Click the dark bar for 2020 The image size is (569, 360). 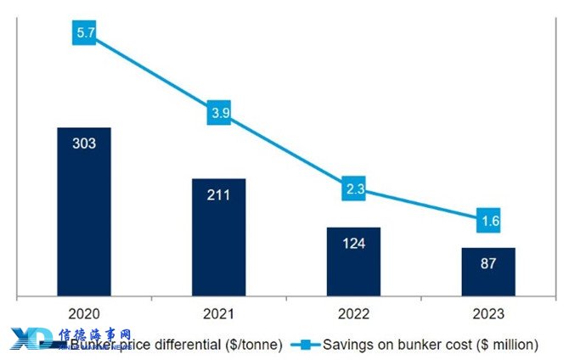coord(84,212)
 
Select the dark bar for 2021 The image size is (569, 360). coord(219,238)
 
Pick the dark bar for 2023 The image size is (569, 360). coord(488,273)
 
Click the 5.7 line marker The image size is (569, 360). coord(83,33)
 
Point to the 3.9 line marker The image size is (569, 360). coord(218,113)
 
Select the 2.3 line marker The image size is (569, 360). coord(354,188)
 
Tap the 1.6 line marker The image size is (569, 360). coord(488,221)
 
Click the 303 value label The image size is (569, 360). coord(84,143)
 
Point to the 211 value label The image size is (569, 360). coord(219,194)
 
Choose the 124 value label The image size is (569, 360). coord(354,244)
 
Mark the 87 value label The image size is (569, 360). coord(488,263)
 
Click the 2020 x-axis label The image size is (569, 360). coord(84,314)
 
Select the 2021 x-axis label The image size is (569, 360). coord(219,314)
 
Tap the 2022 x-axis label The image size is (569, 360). coord(354,314)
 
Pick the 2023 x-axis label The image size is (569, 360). coord(488,314)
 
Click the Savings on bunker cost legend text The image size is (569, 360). coord(432,344)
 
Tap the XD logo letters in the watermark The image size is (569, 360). coord(31,339)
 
